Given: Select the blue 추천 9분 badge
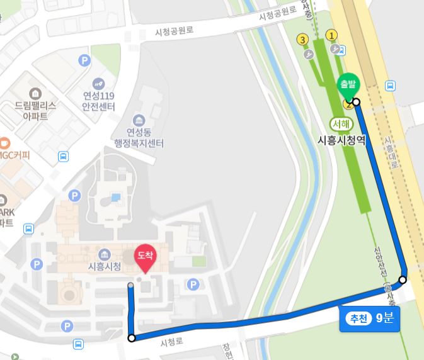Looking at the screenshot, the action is (x=369, y=318).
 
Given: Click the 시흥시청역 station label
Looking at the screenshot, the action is (x=341, y=140).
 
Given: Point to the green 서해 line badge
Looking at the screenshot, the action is (x=341, y=123).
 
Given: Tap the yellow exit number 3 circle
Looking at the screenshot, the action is (x=303, y=40).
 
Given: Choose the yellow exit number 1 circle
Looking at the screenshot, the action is (x=331, y=35).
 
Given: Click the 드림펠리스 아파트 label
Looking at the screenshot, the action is (x=35, y=111).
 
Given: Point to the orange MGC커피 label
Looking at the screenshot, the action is (x=15, y=154).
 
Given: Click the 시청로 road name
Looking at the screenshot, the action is (x=171, y=342).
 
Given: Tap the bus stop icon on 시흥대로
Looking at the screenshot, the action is (x=391, y=86).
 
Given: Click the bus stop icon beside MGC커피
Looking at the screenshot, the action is (x=64, y=157).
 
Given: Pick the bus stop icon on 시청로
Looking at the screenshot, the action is (x=78, y=344).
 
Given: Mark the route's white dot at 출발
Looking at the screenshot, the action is (x=356, y=102).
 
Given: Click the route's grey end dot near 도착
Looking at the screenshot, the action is (x=130, y=286).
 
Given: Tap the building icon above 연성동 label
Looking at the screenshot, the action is (x=138, y=120).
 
